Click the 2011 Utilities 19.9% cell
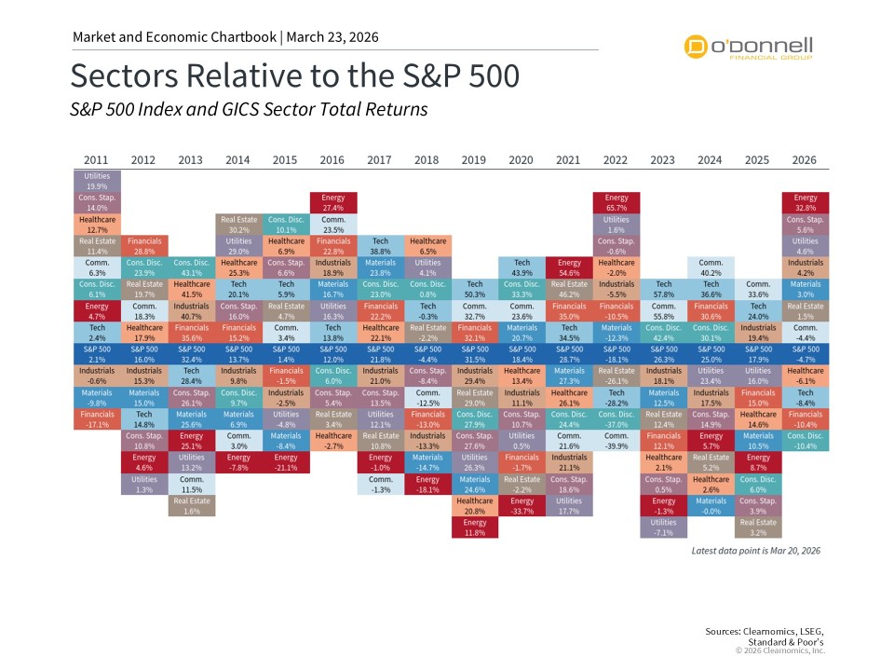(97, 180)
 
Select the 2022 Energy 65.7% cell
(616, 202)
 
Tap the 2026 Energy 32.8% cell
(806, 202)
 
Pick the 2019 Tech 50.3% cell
(475, 289)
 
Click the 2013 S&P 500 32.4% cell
(191, 353)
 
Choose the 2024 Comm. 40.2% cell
(711, 267)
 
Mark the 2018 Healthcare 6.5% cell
(427, 246)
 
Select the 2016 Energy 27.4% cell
(333, 202)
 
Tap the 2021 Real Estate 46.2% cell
(569, 289)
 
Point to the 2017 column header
(380, 160)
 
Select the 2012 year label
(143, 160)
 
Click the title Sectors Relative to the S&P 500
(294, 75)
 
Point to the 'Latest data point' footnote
(755, 551)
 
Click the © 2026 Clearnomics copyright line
(780, 650)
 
